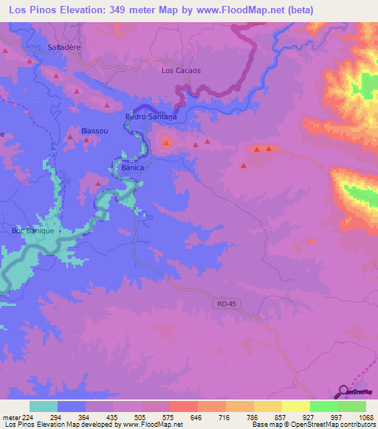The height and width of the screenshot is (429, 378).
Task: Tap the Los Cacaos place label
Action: pyautogui.click(x=181, y=71)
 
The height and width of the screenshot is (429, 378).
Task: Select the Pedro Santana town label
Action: pyautogui.click(x=151, y=116)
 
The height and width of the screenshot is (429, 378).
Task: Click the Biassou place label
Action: pyautogui.click(x=94, y=130)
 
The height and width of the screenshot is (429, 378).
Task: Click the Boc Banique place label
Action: pyautogui.click(x=33, y=231)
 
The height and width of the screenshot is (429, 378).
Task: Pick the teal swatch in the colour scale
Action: pyautogui.click(x=44, y=406)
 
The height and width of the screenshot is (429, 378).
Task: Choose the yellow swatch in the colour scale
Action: pyautogui.click(x=295, y=406)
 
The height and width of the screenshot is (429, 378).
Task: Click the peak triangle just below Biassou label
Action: pyautogui.click(x=86, y=139)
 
